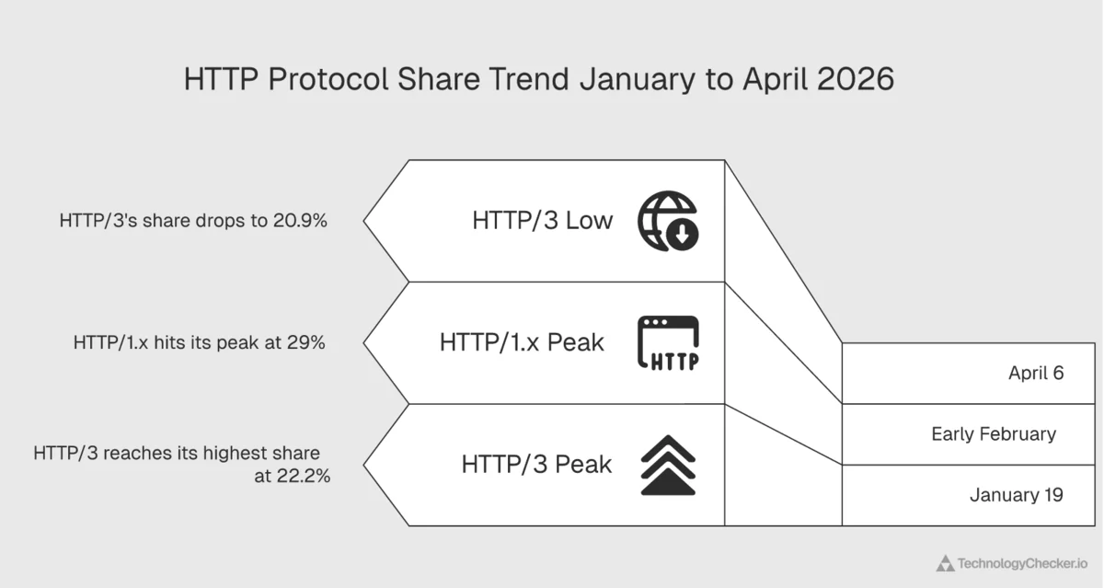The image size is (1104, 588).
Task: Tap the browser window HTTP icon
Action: click(x=669, y=343)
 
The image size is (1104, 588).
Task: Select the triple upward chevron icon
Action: click(x=669, y=466)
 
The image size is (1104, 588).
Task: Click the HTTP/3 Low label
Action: click(x=542, y=221)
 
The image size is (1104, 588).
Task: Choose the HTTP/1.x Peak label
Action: click(x=522, y=342)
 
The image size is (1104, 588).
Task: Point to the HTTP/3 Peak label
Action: click(x=536, y=465)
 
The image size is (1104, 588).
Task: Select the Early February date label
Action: click(x=994, y=433)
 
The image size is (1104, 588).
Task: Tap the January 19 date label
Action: click(x=1017, y=495)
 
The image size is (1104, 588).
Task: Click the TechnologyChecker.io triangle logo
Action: click(x=945, y=563)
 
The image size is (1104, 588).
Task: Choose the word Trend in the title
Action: click(x=527, y=79)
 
